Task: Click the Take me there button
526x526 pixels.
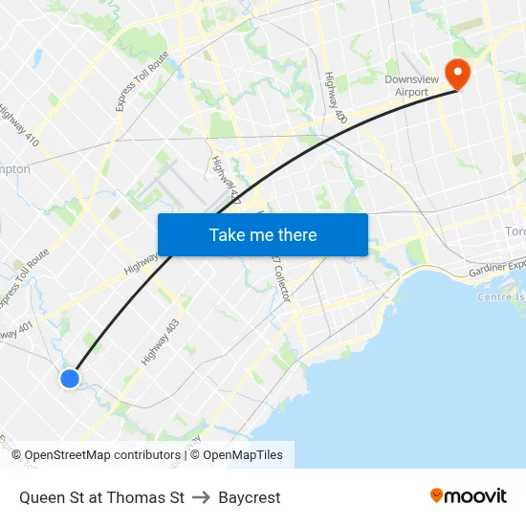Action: point(262,235)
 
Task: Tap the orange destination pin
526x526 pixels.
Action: point(458,73)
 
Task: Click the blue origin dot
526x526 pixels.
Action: point(70,379)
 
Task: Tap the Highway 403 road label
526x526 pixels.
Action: point(161,342)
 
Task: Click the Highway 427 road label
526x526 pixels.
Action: point(226,181)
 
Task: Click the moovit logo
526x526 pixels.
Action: point(468,495)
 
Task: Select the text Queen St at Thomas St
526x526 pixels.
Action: point(101,497)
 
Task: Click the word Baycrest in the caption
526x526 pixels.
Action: point(250,497)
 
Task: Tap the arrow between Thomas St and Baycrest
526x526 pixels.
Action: point(201,497)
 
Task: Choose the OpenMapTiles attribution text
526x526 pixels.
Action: point(243,455)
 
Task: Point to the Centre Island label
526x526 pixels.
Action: point(501,296)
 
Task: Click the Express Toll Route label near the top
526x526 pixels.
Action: point(142,81)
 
